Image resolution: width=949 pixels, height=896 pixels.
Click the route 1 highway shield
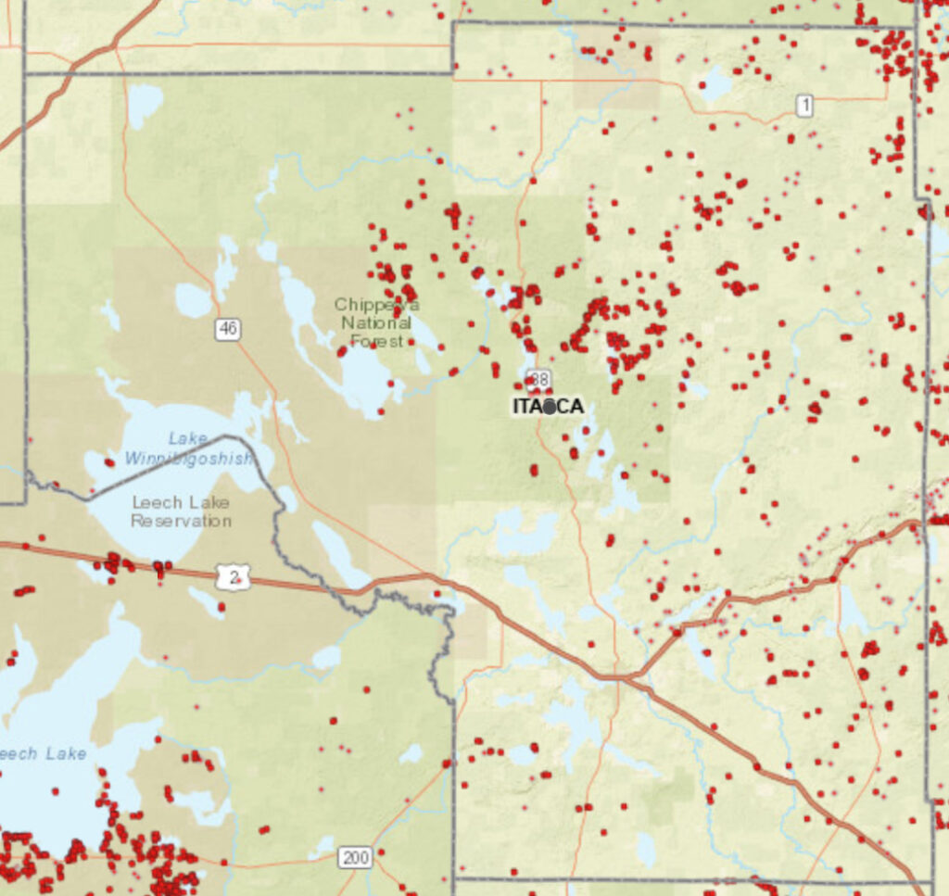coord(803,106)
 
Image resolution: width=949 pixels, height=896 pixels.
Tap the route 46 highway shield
coord(228,328)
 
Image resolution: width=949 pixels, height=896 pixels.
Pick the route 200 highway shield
coord(354,857)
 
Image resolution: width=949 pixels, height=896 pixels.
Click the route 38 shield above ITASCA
coord(538,379)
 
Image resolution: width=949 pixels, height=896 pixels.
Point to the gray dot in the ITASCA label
coord(550,407)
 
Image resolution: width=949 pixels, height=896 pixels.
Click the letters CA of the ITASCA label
coord(570,407)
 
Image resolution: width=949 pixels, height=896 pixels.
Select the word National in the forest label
coord(375,323)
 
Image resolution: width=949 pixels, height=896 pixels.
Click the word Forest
coord(376,341)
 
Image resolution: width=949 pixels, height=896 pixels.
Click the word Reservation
coord(181,521)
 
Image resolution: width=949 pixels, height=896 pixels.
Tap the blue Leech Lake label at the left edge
coord(44,753)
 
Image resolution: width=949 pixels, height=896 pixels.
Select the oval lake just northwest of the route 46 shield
coord(194,299)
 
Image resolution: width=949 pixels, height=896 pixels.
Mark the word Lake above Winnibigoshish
coord(188,438)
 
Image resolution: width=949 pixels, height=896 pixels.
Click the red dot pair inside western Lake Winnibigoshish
coord(109,461)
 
